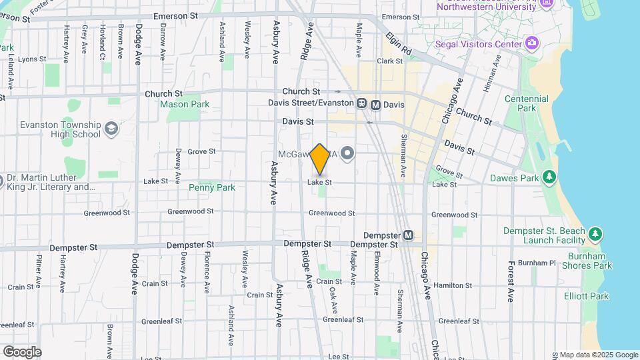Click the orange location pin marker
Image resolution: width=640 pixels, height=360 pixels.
(320, 159)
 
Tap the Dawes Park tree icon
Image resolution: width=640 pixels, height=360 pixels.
(549, 177)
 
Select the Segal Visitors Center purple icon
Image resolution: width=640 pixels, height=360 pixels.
(532, 44)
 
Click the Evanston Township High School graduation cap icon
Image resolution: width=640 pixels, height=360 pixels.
(111, 128)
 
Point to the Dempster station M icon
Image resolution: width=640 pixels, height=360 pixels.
(408, 235)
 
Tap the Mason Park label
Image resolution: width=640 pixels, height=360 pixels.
(185, 104)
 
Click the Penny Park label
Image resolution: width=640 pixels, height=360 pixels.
(212, 188)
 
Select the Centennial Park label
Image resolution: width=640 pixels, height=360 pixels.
(527, 103)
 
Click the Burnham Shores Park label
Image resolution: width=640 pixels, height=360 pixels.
(590, 261)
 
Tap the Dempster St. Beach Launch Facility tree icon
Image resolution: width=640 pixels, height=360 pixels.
(595, 234)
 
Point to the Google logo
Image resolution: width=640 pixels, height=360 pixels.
(22, 351)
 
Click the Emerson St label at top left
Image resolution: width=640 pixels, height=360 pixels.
(15, 20)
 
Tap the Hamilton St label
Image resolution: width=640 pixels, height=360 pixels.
(453, 285)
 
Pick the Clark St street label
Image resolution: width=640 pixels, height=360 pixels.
(390, 61)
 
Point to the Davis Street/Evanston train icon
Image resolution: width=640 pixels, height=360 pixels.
(361, 103)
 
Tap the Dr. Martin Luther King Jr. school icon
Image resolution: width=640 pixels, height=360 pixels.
(11, 181)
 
